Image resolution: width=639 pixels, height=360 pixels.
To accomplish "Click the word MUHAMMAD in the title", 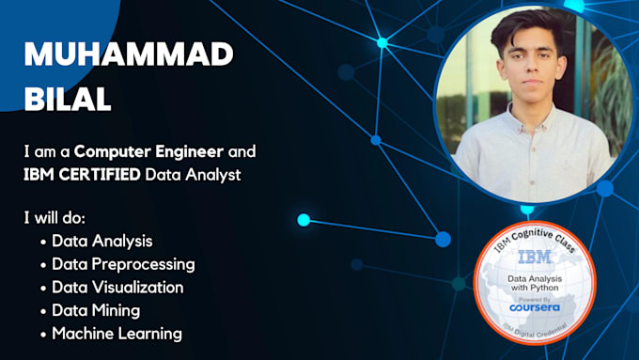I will pyautogui.click(x=129, y=55).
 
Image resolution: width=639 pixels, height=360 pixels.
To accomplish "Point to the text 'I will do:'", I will pyautogui.click(x=55, y=218).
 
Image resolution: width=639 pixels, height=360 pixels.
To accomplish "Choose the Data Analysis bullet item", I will pyautogui.click(x=102, y=241).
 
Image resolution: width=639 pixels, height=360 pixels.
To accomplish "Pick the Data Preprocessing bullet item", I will pyautogui.click(x=123, y=264).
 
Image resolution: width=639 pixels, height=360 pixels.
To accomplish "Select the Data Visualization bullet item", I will pyautogui.click(x=117, y=287).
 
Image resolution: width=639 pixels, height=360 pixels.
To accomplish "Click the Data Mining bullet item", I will pyautogui.click(x=97, y=310).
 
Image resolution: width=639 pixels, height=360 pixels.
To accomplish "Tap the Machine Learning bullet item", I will pyautogui.click(x=117, y=333).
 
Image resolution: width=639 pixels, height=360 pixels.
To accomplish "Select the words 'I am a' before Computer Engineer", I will pyautogui.click(x=48, y=150).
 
